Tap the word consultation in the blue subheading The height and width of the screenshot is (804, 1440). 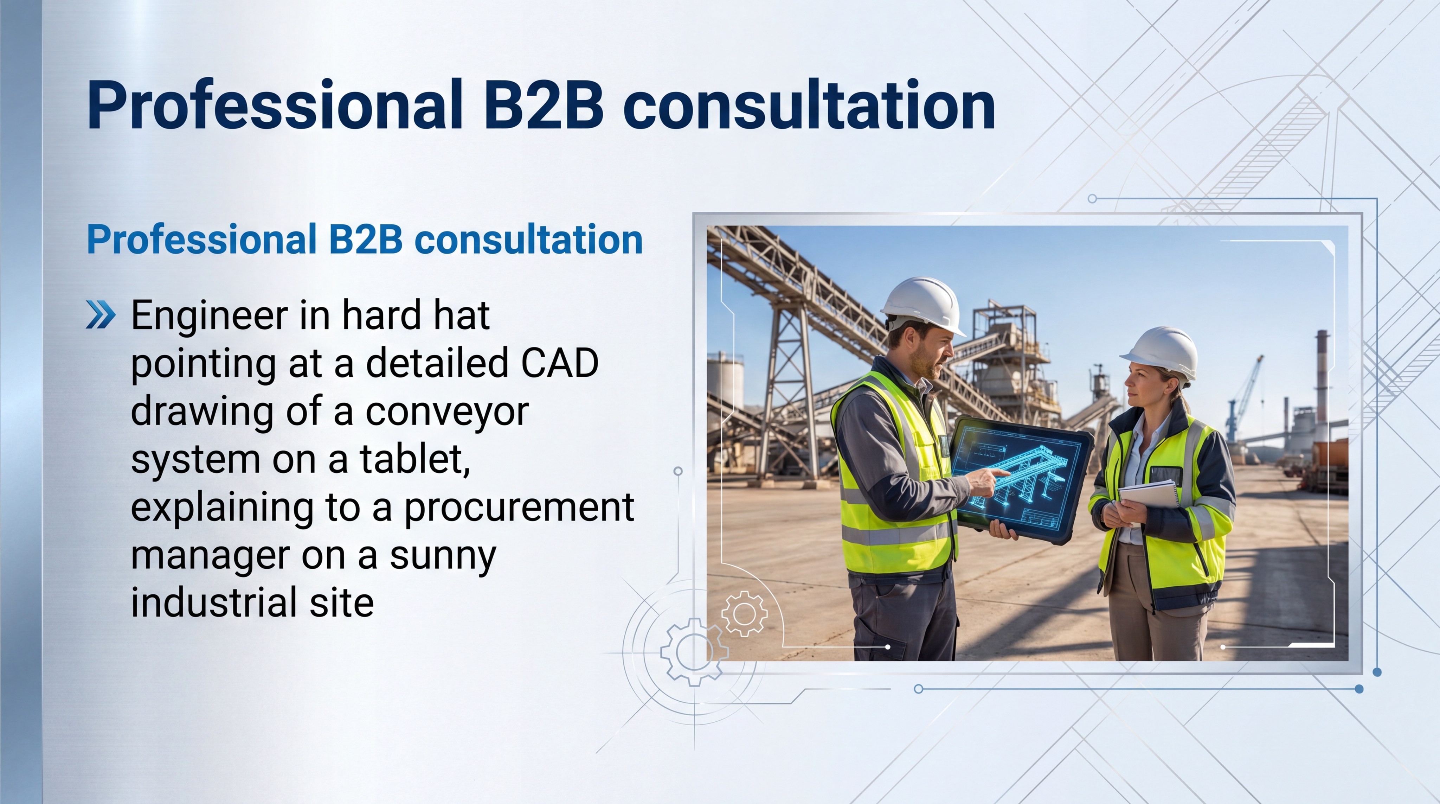click(x=528, y=239)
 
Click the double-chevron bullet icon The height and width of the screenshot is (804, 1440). click(x=101, y=315)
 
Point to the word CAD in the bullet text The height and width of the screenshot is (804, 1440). click(x=560, y=363)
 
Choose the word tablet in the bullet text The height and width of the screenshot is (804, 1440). click(x=414, y=460)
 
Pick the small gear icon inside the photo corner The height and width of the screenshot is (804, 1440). click(x=744, y=613)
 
